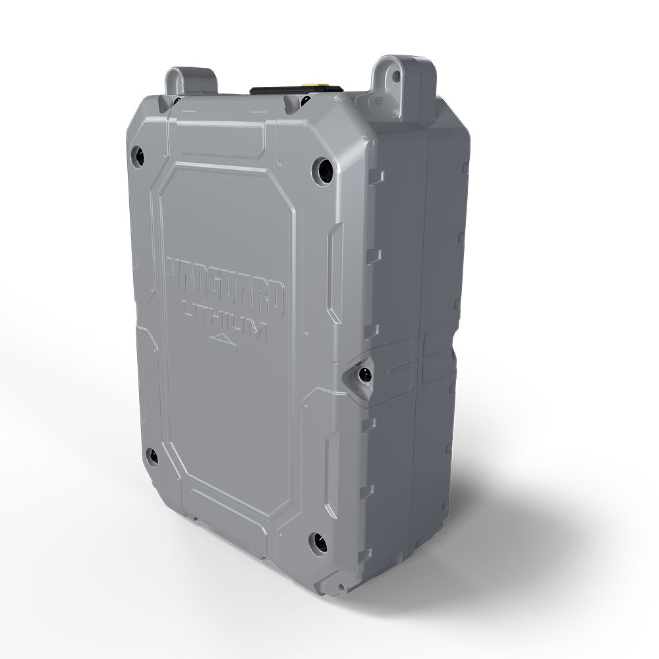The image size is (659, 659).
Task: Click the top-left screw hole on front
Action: [x=138, y=155]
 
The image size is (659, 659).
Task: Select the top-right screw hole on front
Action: [x=322, y=169]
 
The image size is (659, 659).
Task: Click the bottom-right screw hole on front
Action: [x=318, y=542]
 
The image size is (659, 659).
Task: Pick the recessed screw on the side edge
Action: [x=362, y=374]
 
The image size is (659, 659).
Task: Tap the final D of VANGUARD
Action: [x=277, y=299]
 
